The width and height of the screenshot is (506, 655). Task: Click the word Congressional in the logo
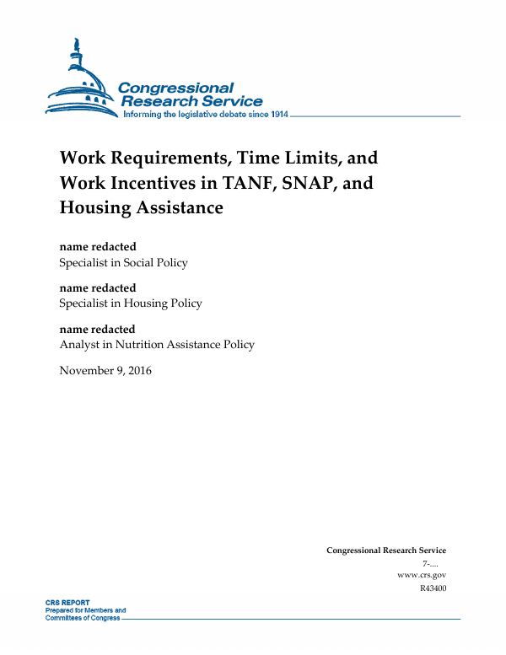[x=176, y=89]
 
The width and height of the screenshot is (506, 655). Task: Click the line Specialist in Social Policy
[x=123, y=262]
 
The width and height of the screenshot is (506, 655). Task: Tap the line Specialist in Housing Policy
[x=130, y=303]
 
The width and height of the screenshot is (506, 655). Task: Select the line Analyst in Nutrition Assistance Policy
[x=156, y=344]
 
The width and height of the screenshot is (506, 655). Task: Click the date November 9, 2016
[x=105, y=370]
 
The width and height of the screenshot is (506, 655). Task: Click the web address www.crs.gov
[x=421, y=575]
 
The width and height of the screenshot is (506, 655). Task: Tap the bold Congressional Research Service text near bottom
[x=386, y=550]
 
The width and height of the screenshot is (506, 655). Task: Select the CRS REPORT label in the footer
[x=67, y=604]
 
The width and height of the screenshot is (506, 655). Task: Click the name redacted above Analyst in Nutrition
[x=97, y=329]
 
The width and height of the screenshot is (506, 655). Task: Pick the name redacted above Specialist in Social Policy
[x=97, y=247]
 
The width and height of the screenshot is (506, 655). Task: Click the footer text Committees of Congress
[x=82, y=617]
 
